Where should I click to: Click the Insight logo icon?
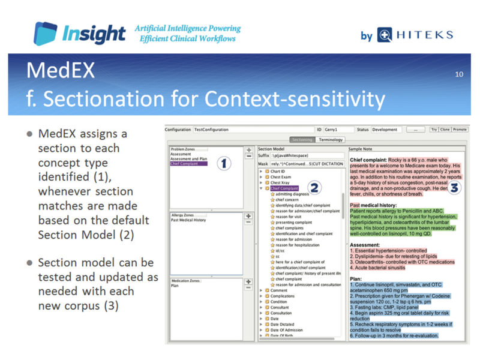tap(46, 34)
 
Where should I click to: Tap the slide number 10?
tap(459, 74)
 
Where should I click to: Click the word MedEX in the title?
tap(60, 71)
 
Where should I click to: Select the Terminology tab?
tap(331, 140)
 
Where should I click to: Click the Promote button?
tap(460, 130)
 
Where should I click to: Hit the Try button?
tap(433, 130)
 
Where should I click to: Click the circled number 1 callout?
tap(223, 163)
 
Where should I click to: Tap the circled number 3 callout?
tap(454, 187)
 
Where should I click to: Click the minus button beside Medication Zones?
tap(248, 288)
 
